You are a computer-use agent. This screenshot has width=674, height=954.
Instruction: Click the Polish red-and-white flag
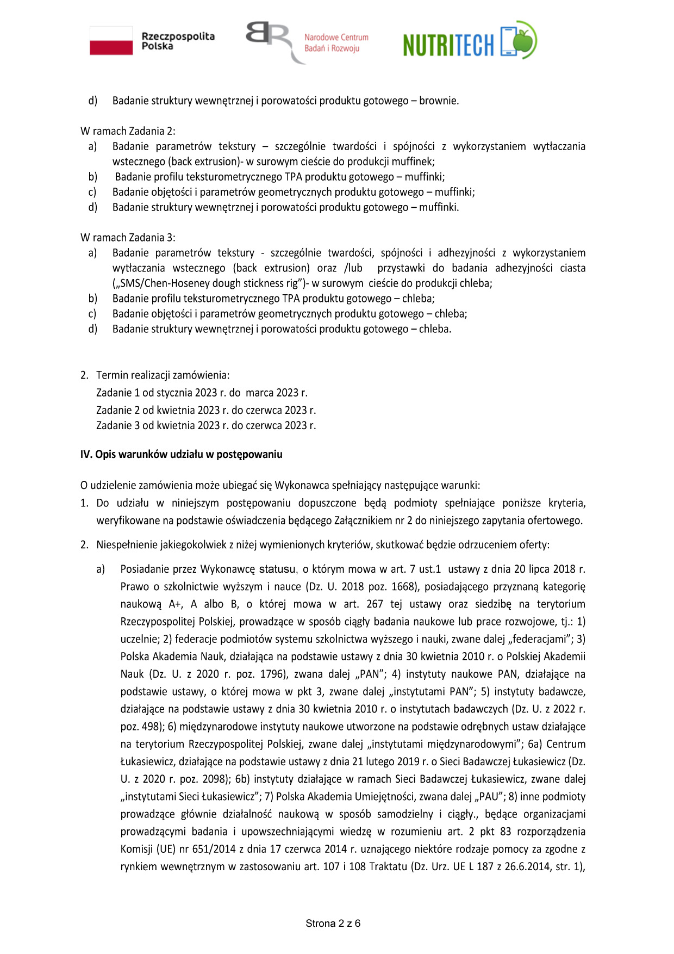click(x=111, y=41)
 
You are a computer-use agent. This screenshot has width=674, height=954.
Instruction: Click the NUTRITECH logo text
click(x=448, y=45)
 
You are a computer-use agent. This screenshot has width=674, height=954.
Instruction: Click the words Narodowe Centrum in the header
click(x=336, y=38)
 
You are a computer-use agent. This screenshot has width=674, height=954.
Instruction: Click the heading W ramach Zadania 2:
click(x=128, y=131)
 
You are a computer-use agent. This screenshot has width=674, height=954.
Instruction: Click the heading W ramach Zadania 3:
click(x=128, y=238)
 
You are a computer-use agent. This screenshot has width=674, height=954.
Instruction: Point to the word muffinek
click(x=416, y=162)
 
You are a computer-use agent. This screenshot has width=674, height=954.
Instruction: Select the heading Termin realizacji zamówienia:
click(x=163, y=375)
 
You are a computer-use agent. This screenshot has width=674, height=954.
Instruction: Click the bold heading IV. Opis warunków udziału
click(x=181, y=454)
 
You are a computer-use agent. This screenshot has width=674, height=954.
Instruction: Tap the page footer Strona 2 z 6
click(x=333, y=923)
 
